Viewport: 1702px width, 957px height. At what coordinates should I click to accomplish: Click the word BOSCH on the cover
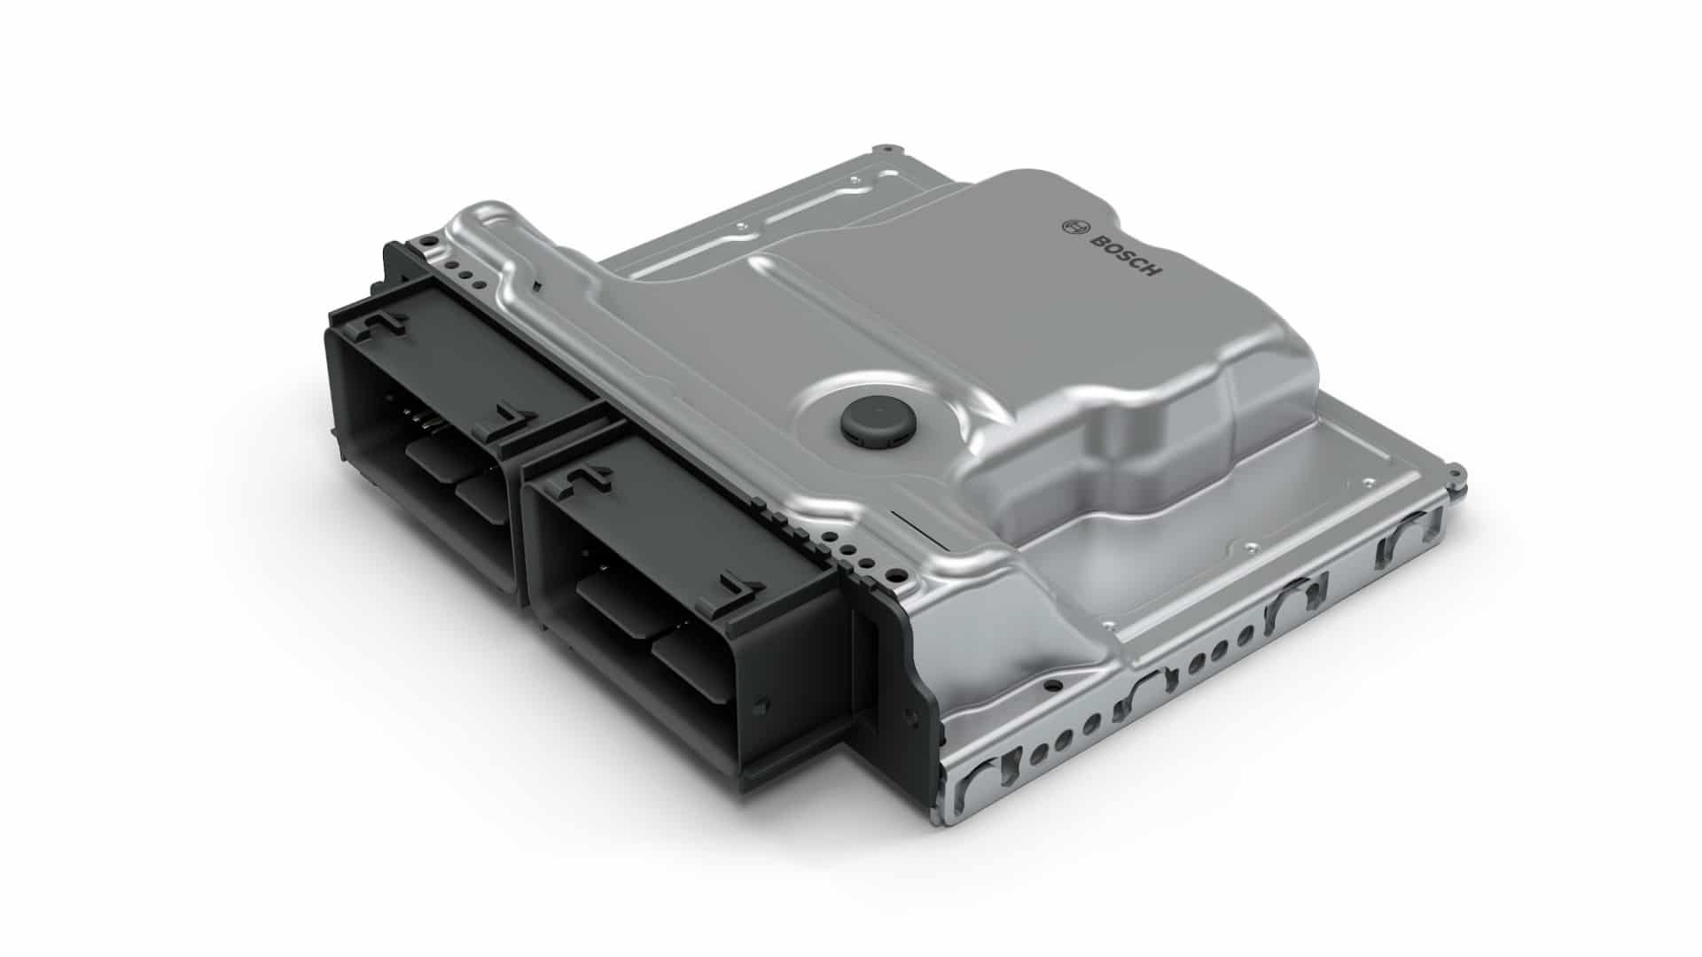coord(1123,253)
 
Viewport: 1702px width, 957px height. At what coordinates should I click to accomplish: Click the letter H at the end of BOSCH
coord(1152,269)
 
